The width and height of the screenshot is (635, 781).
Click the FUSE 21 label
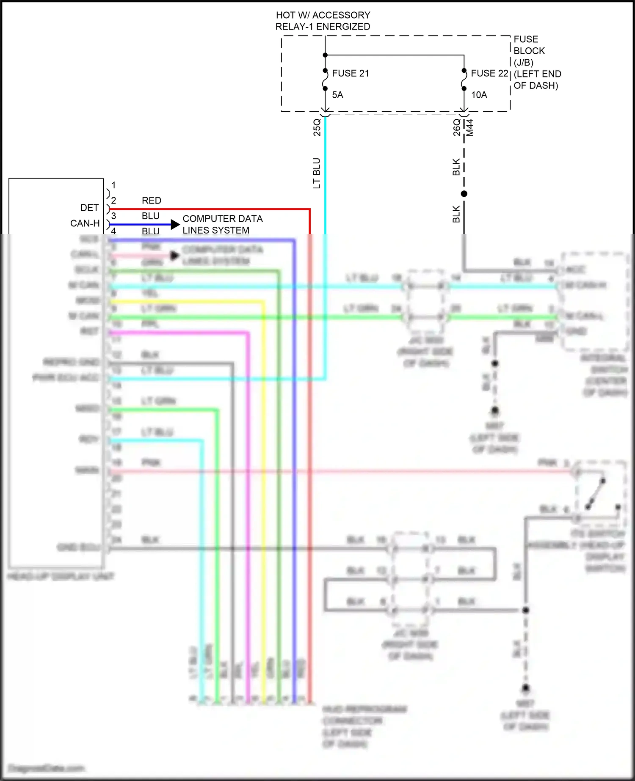coord(350,74)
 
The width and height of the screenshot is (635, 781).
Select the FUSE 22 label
coord(489,74)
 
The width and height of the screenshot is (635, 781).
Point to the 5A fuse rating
coord(337,95)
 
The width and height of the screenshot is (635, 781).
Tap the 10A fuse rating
coord(479,95)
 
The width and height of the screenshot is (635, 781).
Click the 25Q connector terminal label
coord(317,127)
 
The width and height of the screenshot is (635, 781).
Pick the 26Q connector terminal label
coord(456,127)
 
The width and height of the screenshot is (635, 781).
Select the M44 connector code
coord(469,127)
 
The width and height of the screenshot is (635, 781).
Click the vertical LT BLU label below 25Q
coord(316,173)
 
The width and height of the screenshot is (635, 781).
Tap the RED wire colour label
coord(151,201)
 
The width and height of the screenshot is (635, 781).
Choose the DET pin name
coord(89,208)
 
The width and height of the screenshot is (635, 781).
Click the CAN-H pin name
coord(85,223)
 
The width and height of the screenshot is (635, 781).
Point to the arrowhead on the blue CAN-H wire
coord(175,225)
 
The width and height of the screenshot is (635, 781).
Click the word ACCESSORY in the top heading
coord(341,15)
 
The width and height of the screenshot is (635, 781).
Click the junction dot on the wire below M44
coord(464,194)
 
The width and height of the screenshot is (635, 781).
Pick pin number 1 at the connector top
coord(113,185)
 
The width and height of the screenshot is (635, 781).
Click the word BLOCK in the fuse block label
coord(529,51)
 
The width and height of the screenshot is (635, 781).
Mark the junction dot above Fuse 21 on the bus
coord(325,55)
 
